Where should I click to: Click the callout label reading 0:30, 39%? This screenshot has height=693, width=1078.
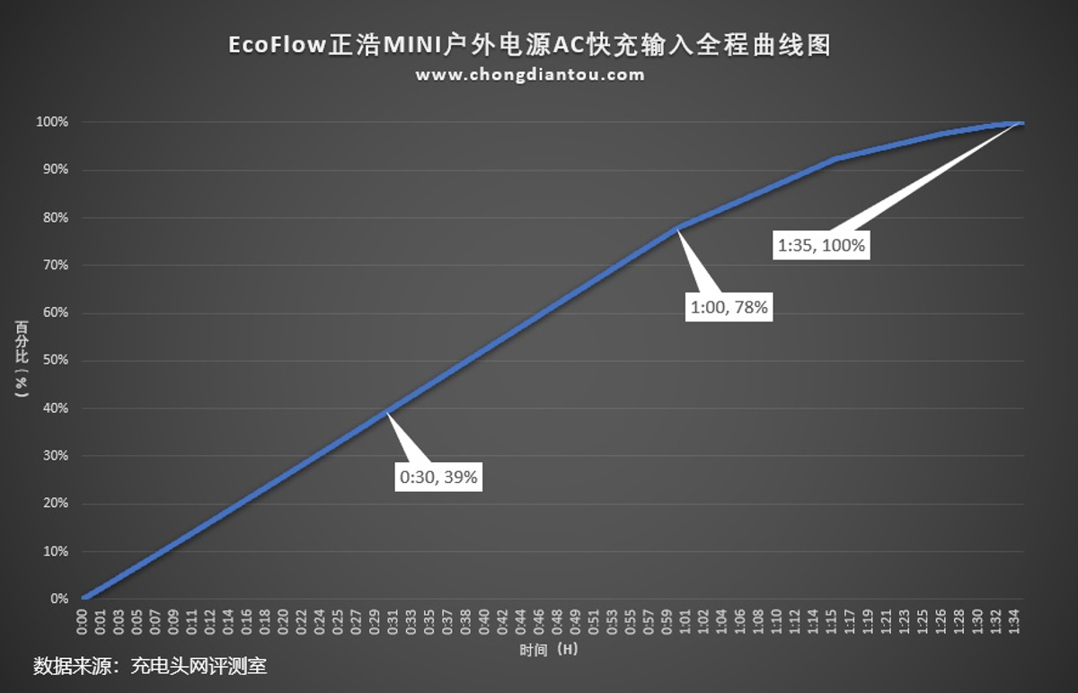point(438,478)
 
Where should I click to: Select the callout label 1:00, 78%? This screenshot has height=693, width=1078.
point(729,307)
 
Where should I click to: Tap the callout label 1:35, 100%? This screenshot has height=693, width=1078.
point(821,244)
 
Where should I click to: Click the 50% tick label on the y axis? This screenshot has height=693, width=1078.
point(55,361)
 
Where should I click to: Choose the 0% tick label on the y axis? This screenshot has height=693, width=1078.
point(58,599)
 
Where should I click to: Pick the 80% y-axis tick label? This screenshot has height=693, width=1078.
point(55,217)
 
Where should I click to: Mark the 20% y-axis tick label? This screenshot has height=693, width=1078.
point(55,504)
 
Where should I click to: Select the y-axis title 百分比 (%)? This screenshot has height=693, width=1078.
point(21,359)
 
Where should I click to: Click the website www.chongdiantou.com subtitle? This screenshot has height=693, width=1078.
point(529,75)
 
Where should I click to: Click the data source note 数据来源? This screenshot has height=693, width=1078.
point(72,667)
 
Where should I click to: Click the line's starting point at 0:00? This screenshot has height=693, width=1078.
point(84,598)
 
